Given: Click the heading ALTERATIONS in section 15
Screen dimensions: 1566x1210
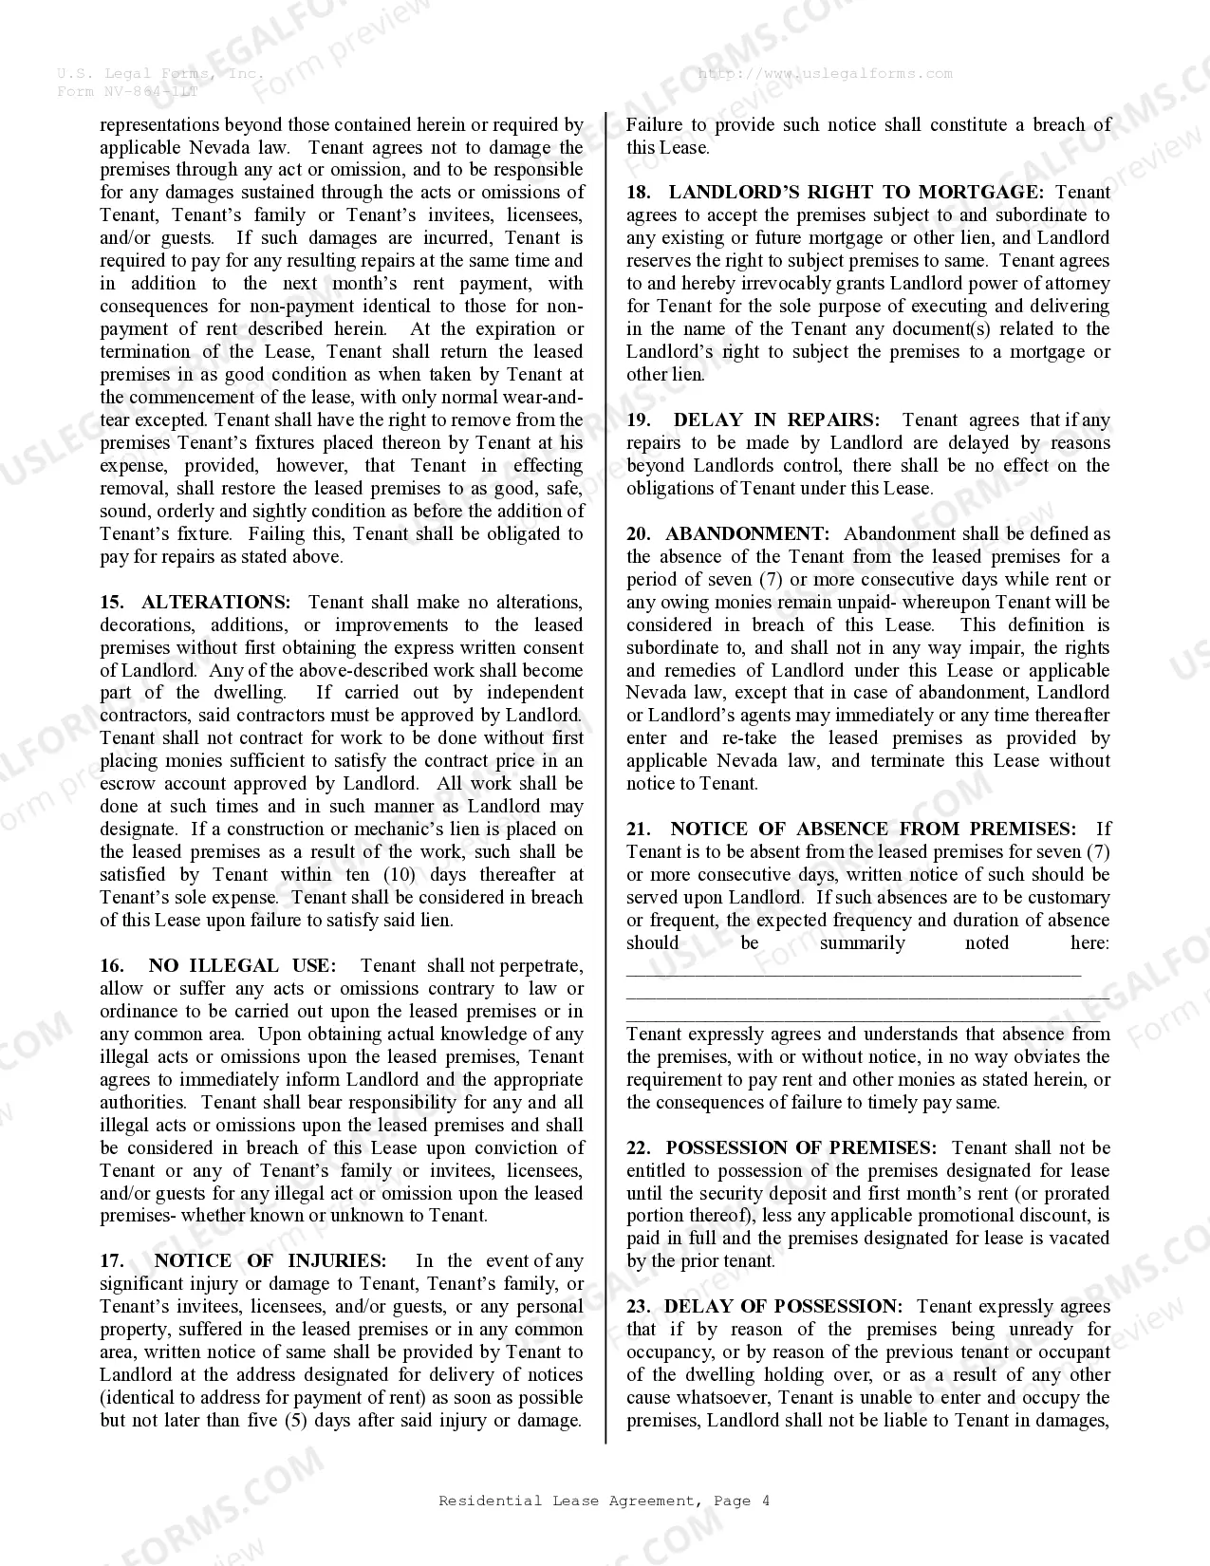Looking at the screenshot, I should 215,603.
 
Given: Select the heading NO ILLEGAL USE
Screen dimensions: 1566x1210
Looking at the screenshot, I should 242,966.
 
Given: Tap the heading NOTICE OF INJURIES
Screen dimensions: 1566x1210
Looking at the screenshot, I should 270,1261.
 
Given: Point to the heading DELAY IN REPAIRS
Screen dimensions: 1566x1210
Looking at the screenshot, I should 776,420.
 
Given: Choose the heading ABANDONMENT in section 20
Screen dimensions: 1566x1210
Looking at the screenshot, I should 747,534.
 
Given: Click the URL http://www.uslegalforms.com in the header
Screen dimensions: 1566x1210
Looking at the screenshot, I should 825,74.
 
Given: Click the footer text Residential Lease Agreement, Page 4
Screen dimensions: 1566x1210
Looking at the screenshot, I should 605,1501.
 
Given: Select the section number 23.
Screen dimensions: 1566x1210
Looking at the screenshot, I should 637,1307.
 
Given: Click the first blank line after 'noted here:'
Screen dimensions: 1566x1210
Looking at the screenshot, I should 853,971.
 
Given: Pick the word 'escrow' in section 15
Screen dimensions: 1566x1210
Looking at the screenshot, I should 128,784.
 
